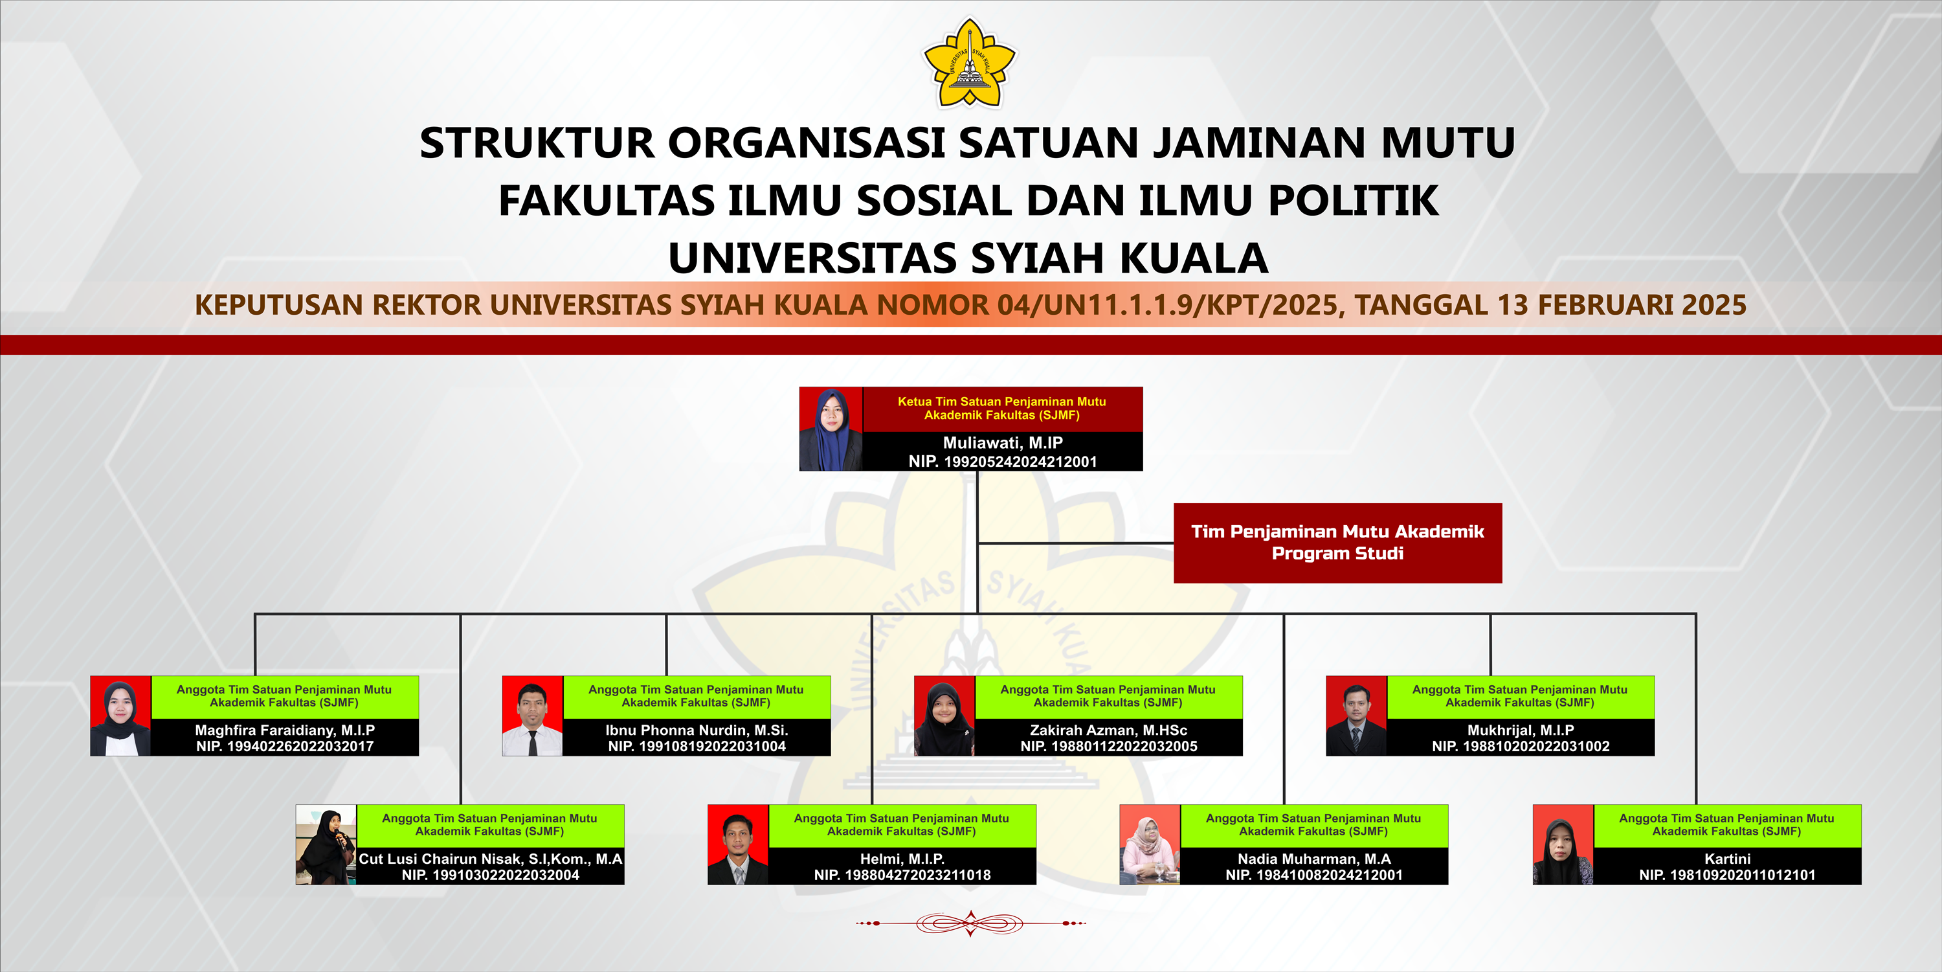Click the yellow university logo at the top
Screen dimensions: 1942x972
click(x=970, y=63)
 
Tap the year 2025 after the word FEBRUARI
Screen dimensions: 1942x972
click(x=1713, y=304)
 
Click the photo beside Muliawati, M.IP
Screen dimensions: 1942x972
click(x=831, y=429)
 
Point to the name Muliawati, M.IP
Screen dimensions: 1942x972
click(x=1003, y=443)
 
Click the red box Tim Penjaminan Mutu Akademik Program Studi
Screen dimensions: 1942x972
click(x=1337, y=543)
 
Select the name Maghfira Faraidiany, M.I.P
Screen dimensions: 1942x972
click(x=285, y=730)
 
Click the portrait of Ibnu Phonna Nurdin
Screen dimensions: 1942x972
click(x=532, y=716)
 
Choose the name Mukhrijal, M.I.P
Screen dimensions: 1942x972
click(x=1521, y=730)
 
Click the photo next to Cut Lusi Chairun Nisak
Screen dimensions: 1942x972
click(x=326, y=844)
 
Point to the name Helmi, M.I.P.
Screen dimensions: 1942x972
click(x=902, y=859)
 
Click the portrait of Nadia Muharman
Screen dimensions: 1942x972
click(x=1150, y=844)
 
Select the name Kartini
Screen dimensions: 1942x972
click(x=1727, y=859)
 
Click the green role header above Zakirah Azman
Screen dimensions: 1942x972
click(x=1108, y=697)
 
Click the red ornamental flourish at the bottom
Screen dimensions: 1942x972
click(x=970, y=923)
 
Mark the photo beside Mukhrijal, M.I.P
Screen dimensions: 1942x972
click(x=1356, y=716)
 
